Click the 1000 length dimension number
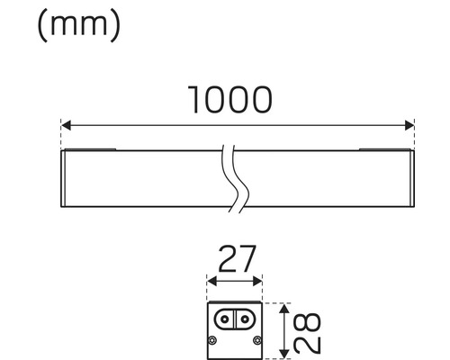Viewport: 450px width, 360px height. click(229, 99)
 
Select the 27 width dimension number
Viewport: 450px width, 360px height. click(236, 260)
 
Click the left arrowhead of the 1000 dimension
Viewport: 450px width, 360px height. click(64, 125)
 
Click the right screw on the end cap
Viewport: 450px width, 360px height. click(257, 340)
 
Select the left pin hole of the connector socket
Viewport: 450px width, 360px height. click(225, 319)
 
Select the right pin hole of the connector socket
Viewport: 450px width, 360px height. click(247, 319)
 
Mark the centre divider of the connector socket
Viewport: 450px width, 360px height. click(236, 319)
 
